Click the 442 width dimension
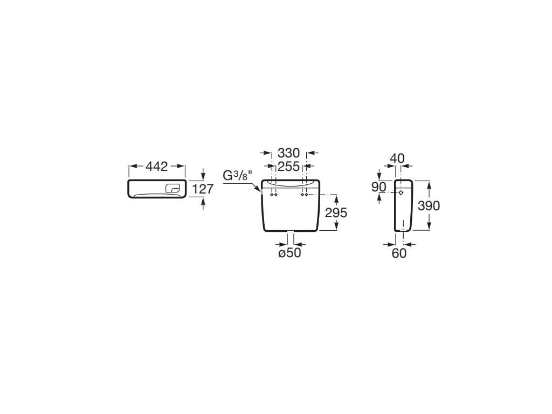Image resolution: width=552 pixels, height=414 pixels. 157,167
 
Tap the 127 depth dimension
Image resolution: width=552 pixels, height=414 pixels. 203,189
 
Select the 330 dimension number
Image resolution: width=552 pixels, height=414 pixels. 289,153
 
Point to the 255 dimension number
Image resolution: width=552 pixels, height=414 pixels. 289,166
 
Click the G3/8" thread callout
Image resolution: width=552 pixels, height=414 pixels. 238,176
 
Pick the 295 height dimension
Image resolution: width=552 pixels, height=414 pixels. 336,212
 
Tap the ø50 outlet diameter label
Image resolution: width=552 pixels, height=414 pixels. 289,253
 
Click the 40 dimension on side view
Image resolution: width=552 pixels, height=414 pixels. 397,158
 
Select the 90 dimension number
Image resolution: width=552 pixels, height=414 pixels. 379,187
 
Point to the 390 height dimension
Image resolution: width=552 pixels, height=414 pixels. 429,205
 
